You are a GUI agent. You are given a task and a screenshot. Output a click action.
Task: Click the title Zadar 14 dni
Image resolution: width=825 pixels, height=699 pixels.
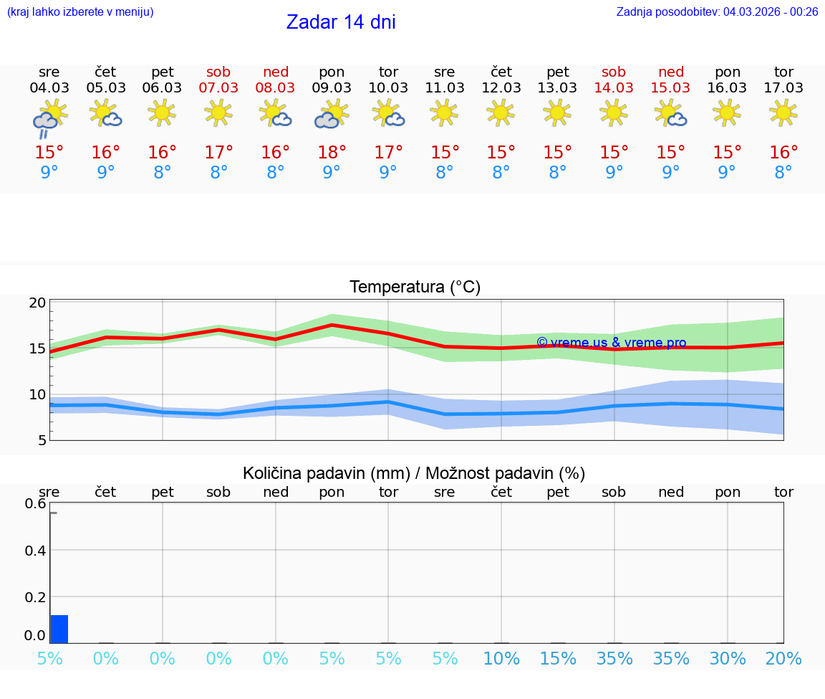coord(341,22)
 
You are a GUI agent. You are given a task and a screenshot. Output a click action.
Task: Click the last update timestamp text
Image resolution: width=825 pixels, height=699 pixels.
coord(717,11)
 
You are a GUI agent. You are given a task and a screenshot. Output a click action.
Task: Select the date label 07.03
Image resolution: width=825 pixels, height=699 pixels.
coord(218,87)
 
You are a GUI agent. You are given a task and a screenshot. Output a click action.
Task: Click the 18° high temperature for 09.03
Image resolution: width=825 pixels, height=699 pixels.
coord(332,152)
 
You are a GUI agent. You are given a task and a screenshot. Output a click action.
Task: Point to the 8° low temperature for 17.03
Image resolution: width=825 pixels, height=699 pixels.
coord(783,173)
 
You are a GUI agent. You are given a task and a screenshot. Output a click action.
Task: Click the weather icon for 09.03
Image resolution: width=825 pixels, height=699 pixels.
coord(332,114)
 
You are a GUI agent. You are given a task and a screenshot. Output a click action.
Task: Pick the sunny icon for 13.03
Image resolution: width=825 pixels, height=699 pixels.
coord(557,112)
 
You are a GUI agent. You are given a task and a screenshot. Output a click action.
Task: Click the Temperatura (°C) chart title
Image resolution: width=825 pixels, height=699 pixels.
coord(415,287)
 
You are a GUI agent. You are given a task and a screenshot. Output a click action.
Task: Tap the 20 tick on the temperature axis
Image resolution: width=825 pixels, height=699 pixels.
coord(37,303)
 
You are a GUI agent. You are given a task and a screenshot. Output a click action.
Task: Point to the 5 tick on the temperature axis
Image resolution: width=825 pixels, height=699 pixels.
coord(42,439)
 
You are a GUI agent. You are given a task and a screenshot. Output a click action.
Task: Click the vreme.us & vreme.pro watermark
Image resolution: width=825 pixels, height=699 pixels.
coord(611,343)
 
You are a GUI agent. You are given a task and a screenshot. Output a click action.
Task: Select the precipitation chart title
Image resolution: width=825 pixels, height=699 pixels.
coord(414,473)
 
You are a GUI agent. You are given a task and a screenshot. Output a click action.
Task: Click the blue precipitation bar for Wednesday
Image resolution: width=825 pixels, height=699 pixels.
coord(59,629)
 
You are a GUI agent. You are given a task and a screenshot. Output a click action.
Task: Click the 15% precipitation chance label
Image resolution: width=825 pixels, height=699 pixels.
coord(557,659)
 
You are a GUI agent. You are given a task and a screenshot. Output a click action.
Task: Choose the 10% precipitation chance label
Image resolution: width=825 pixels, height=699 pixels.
coord(501,659)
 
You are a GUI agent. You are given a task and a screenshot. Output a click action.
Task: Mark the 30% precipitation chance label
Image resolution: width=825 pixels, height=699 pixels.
coord(727,659)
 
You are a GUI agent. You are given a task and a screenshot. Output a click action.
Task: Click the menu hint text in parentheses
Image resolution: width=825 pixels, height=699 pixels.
coord(80,11)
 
